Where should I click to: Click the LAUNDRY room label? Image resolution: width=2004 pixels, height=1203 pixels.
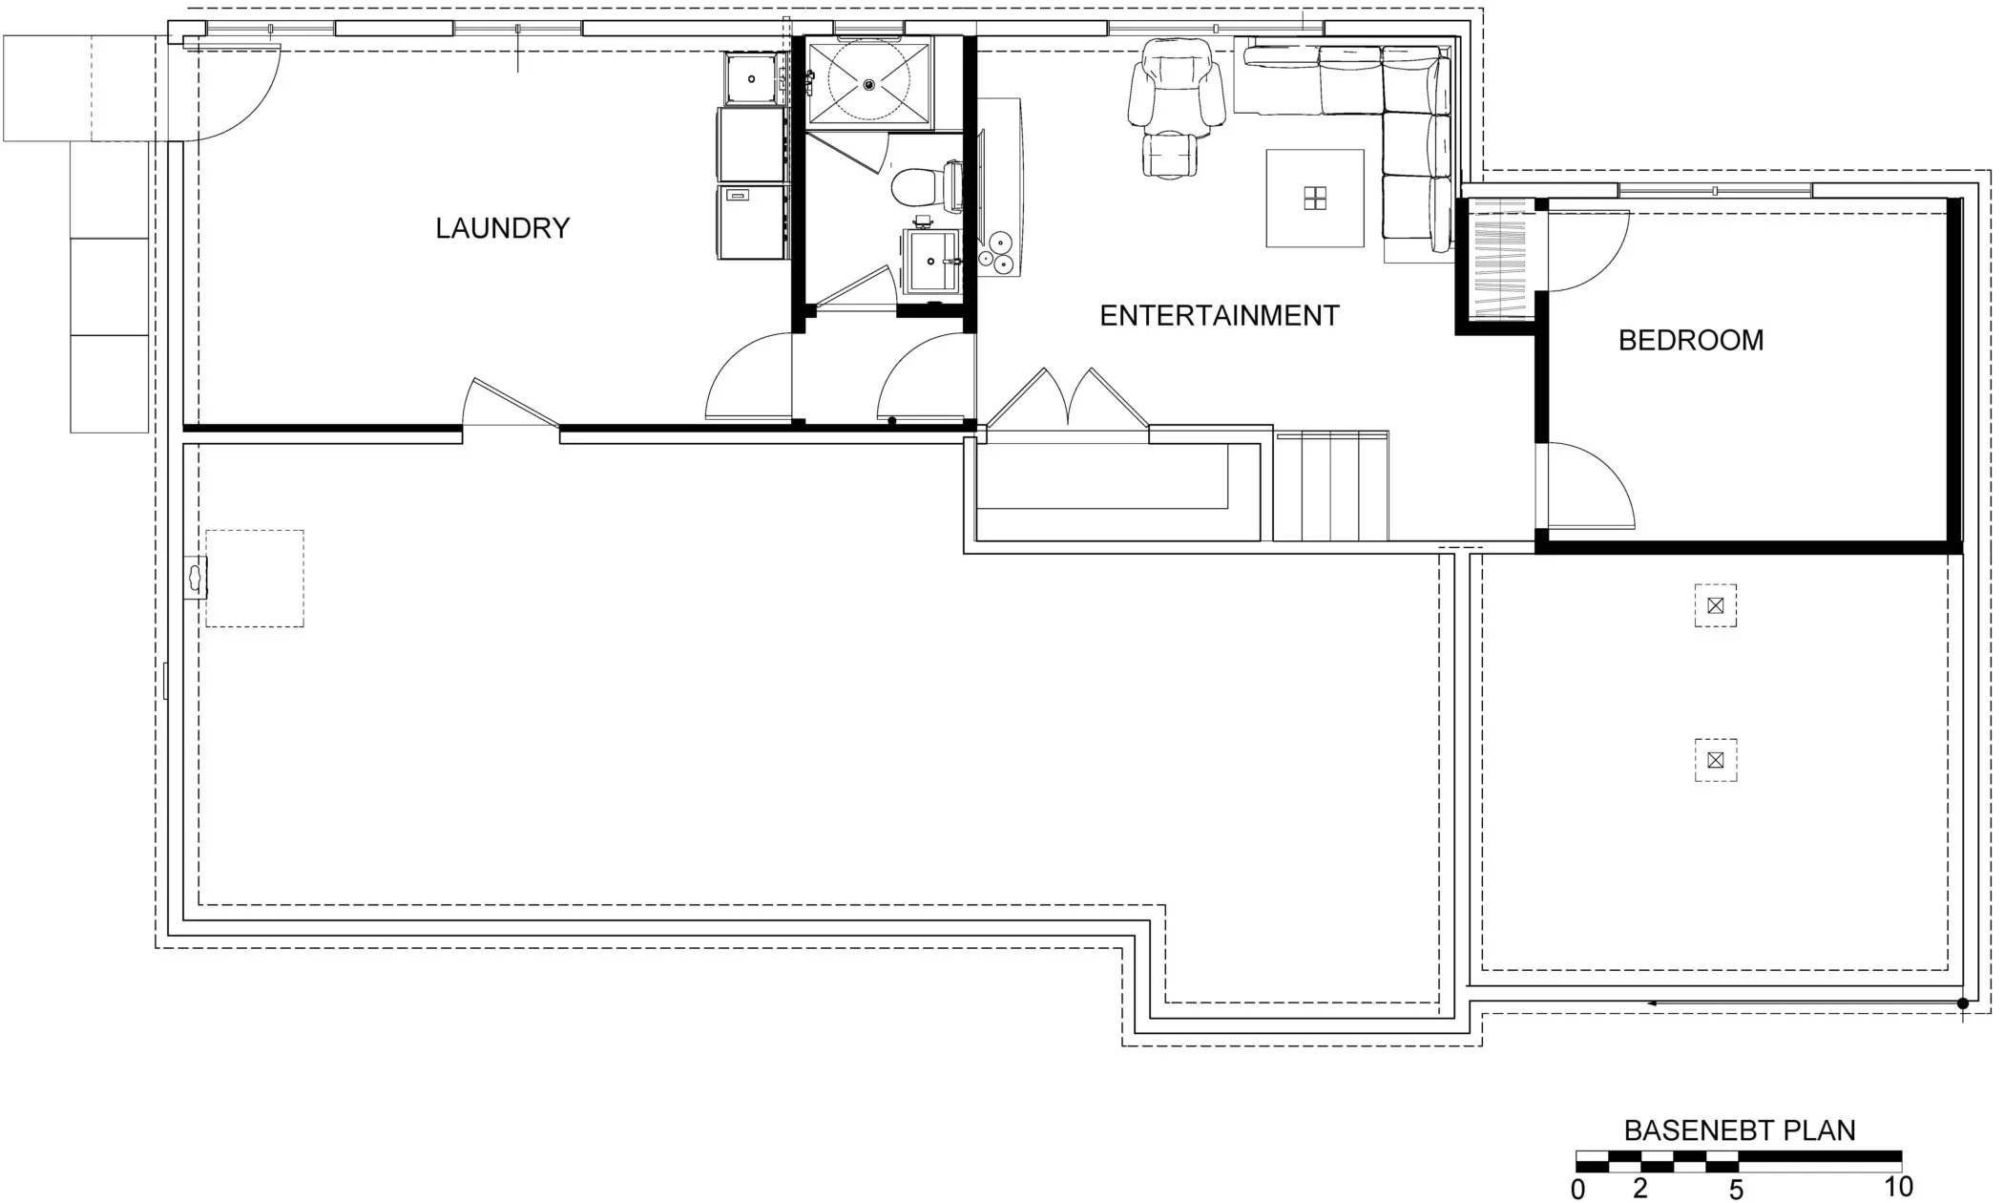click(x=502, y=228)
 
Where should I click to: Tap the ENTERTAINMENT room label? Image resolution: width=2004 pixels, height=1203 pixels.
click(x=1219, y=316)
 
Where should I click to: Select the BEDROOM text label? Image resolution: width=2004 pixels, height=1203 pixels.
click(x=1690, y=340)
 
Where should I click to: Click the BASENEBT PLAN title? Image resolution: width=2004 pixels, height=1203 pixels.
click(x=1739, y=1130)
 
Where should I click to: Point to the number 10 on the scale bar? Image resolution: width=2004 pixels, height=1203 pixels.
click(x=1898, y=1187)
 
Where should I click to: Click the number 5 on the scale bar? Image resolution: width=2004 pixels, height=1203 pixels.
click(x=1736, y=1189)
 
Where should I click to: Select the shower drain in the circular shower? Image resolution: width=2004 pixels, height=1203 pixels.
click(x=868, y=84)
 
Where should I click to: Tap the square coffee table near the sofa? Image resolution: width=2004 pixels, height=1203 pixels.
click(x=1314, y=198)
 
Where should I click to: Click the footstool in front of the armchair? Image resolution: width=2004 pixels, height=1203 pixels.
click(x=1170, y=156)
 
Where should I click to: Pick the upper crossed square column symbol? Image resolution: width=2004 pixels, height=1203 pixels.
click(x=1715, y=605)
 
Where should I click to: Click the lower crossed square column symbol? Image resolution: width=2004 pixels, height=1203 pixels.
click(x=1715, y=760)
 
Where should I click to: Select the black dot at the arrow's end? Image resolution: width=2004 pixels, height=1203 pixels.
click(x=1962, y=1003)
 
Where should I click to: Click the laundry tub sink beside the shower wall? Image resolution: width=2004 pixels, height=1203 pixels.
click(x=752, y=77)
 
